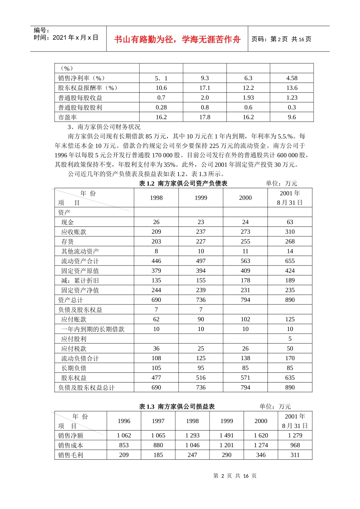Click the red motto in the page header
coord(177,39)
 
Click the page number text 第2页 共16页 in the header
coord(281,39)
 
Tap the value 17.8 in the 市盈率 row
coord(205,117)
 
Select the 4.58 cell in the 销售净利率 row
coord(291,78)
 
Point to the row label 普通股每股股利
coord(80,108)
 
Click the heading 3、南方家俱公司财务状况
coord(104,127)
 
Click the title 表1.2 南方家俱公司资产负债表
coord(183,183)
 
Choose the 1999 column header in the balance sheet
coord(201,198)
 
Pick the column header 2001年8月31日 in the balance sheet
coord(290,198)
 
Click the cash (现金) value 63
coord(290,222)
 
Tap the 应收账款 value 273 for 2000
coord(245,232)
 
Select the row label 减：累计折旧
coord(80,281)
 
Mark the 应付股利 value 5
coord(290,339)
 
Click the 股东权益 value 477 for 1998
coord(156,378)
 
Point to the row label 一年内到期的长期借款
coord(93,329)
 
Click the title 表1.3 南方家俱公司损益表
coord(177,406)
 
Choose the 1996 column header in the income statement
coord(124,421)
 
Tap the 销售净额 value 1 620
coord(261,436)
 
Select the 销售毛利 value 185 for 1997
coord(158,455)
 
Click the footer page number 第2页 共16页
coord(235,476)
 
